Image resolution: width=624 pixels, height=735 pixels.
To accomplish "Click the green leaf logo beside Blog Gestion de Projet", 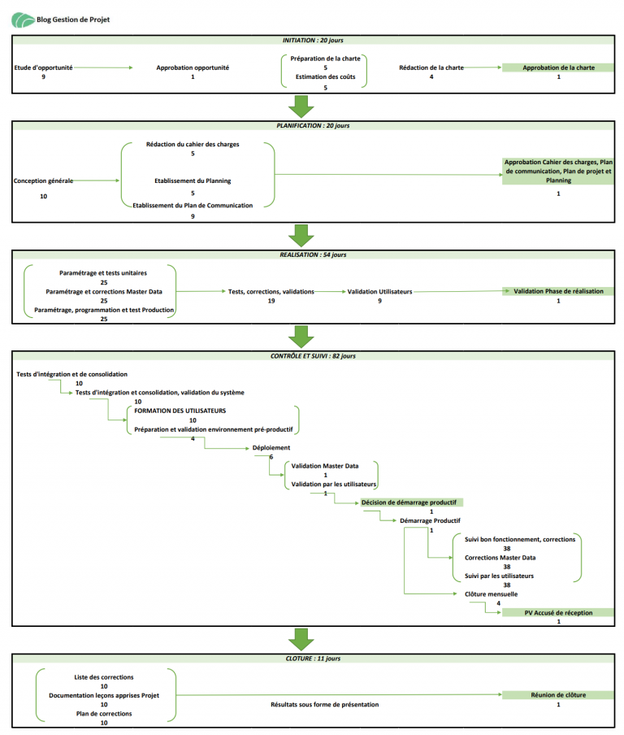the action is pyautogui.click(x=23, y=20).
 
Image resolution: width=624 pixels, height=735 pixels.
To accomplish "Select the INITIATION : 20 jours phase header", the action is pyautogui.click(x=313, y=41).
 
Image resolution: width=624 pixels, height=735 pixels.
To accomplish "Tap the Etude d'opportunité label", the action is pyautogui.click(x=44, y=67).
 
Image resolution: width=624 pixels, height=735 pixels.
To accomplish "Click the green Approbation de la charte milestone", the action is pyautogui.click(x=558, y=67).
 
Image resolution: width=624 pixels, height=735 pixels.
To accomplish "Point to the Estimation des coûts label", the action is pyautogui.click(x=325, y=77).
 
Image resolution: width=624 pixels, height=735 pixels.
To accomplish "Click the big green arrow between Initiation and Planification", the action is pyautogui.click(x=301, y=107).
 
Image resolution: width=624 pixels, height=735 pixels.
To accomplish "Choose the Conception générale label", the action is pyautogui.click(x=43, y=181).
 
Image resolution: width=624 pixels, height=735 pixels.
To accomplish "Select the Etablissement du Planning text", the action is pyautogui.click(x=193, y=181).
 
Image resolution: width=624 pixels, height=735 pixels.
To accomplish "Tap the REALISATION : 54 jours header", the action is pyautogui.click(x=313, y=254).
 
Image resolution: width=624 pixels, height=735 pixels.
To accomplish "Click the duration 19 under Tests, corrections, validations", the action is pyautogui.click(x=271, y=301).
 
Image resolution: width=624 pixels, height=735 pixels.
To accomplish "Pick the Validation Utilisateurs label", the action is pyautogui.click(x=380, y=292).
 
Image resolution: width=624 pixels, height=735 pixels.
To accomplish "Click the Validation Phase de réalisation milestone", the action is pyautogui.click(x=558, y=291).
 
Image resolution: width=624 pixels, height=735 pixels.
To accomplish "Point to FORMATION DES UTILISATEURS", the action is pyautogui.click(x=180, y=411).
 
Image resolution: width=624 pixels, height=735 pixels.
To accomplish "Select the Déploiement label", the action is pyautogui.click(x=271, y=448).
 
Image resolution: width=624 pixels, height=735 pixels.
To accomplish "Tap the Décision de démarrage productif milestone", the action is pyautogui.click(x=409, y=502).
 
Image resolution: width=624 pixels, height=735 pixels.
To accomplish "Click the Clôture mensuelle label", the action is pyautogui.click(x=491, y=594).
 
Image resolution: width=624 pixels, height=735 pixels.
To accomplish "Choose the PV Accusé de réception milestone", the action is pyautogui.click(x=558, y=613).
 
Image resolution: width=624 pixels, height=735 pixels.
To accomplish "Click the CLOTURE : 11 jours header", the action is pyautogui.click(x=313, y=659).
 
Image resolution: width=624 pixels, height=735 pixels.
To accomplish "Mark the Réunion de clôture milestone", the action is pyautogui.click(x=558, y=695).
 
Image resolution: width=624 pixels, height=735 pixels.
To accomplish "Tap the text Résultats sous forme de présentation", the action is pyautogui.click(x=325, y=705).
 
